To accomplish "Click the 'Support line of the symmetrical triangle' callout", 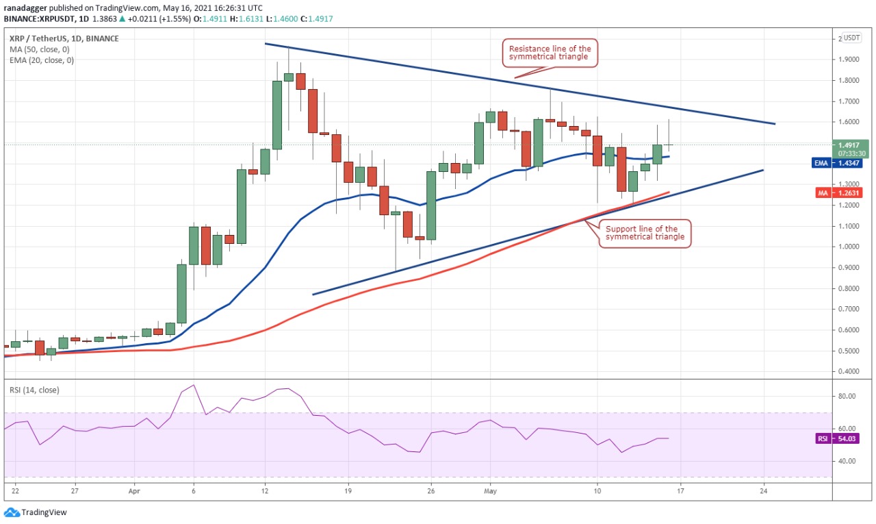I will (642, 233).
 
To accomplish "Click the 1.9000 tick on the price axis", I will (849, 60).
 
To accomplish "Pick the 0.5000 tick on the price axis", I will (849, 351).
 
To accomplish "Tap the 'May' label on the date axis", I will (490, 491).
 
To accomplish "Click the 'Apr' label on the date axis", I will (134, 491).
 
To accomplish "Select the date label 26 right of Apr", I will (431, 491).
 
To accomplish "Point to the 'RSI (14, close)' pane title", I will (34, 390).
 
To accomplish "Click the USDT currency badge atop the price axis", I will (851, 38).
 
